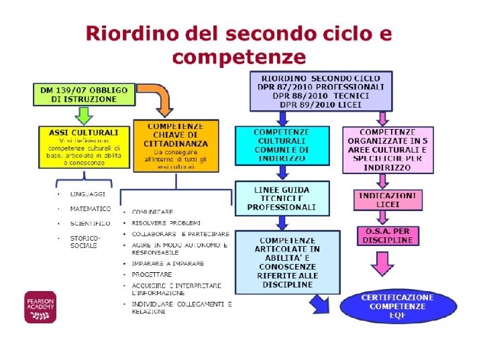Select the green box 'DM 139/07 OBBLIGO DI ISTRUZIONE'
(x=85, y=94)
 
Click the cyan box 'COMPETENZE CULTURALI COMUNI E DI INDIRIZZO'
(x=282, y=145)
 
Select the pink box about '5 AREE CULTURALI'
(x=388, y=149)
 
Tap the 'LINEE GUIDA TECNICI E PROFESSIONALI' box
(x=282, y=198)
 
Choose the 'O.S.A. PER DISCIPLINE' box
(x=387, y=236)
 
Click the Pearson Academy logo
(x=40, y=307)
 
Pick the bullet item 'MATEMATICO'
(x=91, y=209)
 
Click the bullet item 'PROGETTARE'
(x=152, y=274)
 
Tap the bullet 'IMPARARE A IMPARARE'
(x=158, y=264)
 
